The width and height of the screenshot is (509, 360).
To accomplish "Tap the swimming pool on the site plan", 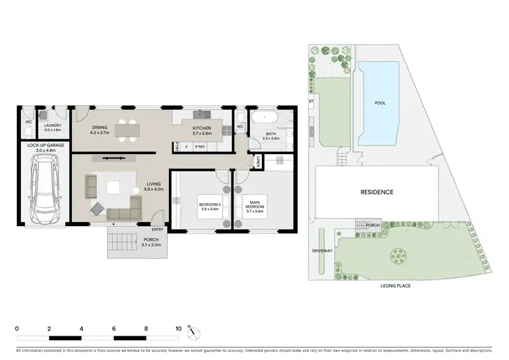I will tap(384, 103).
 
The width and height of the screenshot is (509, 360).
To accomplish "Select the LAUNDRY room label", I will tap(53, 126).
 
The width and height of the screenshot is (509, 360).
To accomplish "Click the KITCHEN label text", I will tap(202, 128).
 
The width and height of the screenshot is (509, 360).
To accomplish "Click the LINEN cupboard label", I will tap(258, 161).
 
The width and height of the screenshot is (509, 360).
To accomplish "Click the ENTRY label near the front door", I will tap(157, 230).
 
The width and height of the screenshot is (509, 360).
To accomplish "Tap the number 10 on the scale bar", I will tap(178, 327).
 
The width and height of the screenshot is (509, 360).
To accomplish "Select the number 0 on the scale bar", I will tap(17, 327).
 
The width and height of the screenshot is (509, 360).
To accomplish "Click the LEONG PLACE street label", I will tap(396, 286).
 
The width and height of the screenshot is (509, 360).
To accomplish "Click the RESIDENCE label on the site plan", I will tap(376, 192).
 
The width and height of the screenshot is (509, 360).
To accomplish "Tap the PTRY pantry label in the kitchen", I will tap(200, 147).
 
